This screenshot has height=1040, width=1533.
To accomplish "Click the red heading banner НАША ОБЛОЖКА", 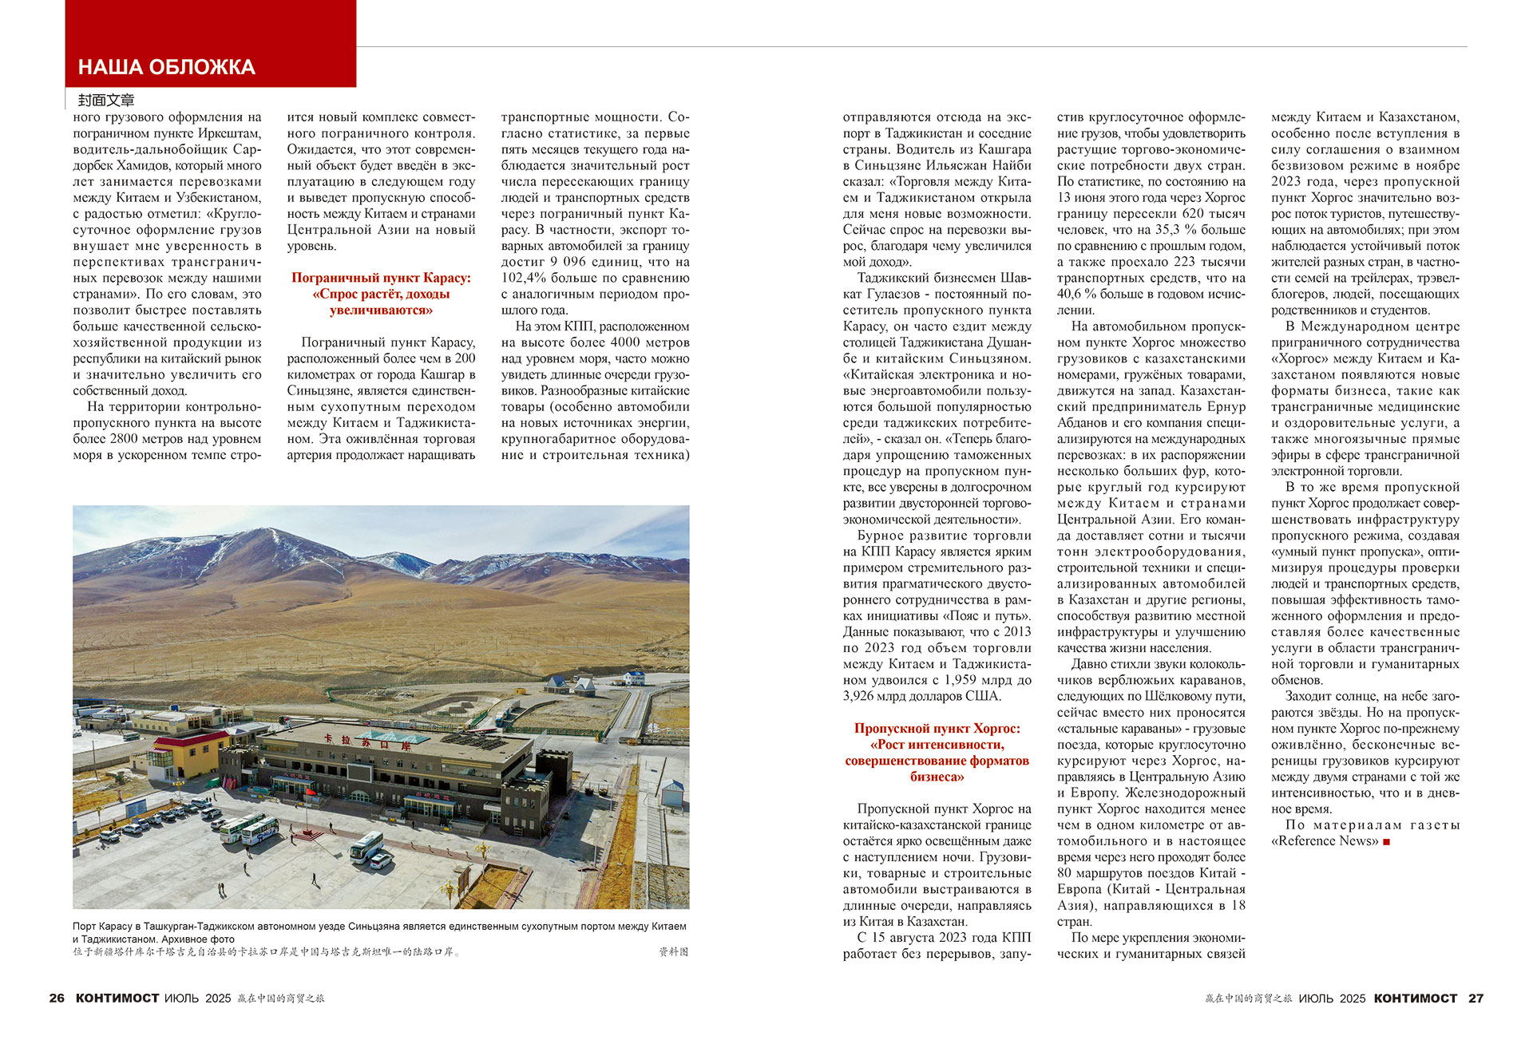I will tap(167, 67).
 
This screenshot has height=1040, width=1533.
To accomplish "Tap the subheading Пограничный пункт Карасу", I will tap(381, 278).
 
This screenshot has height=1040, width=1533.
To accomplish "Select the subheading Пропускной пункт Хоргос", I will tap(937, 728).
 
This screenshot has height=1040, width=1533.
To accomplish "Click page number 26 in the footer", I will tap(57, 998).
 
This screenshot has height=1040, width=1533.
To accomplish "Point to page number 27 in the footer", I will tap(1476, 998).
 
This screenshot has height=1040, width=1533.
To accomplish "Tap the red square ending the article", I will tap(1386, 841).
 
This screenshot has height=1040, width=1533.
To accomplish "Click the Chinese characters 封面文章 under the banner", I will tap(106, 100).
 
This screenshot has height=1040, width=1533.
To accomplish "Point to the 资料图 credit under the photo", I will tap(673, 951).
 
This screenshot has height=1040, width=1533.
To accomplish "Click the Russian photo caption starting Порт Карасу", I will tap(379, 932).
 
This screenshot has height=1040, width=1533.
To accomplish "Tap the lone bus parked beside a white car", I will tap(366, 845).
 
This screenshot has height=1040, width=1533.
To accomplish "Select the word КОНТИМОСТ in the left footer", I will tap(117, 998).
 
